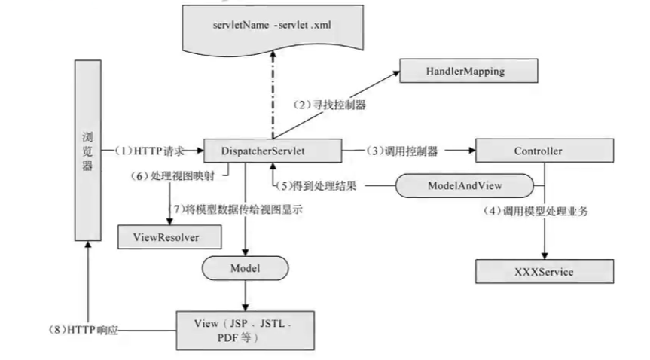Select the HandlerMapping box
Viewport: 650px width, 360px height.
pos(468,72)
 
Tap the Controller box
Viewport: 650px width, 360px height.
pos(538,151)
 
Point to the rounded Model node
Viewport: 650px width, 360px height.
pos(245,267)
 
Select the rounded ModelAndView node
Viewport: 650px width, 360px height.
pos(465,185)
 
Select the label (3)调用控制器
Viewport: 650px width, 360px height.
pos(404,151)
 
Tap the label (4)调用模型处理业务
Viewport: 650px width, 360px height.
pos(536,212)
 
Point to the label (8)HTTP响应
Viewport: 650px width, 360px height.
pos(84,329)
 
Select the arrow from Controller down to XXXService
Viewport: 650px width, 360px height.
pos(544,226)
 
